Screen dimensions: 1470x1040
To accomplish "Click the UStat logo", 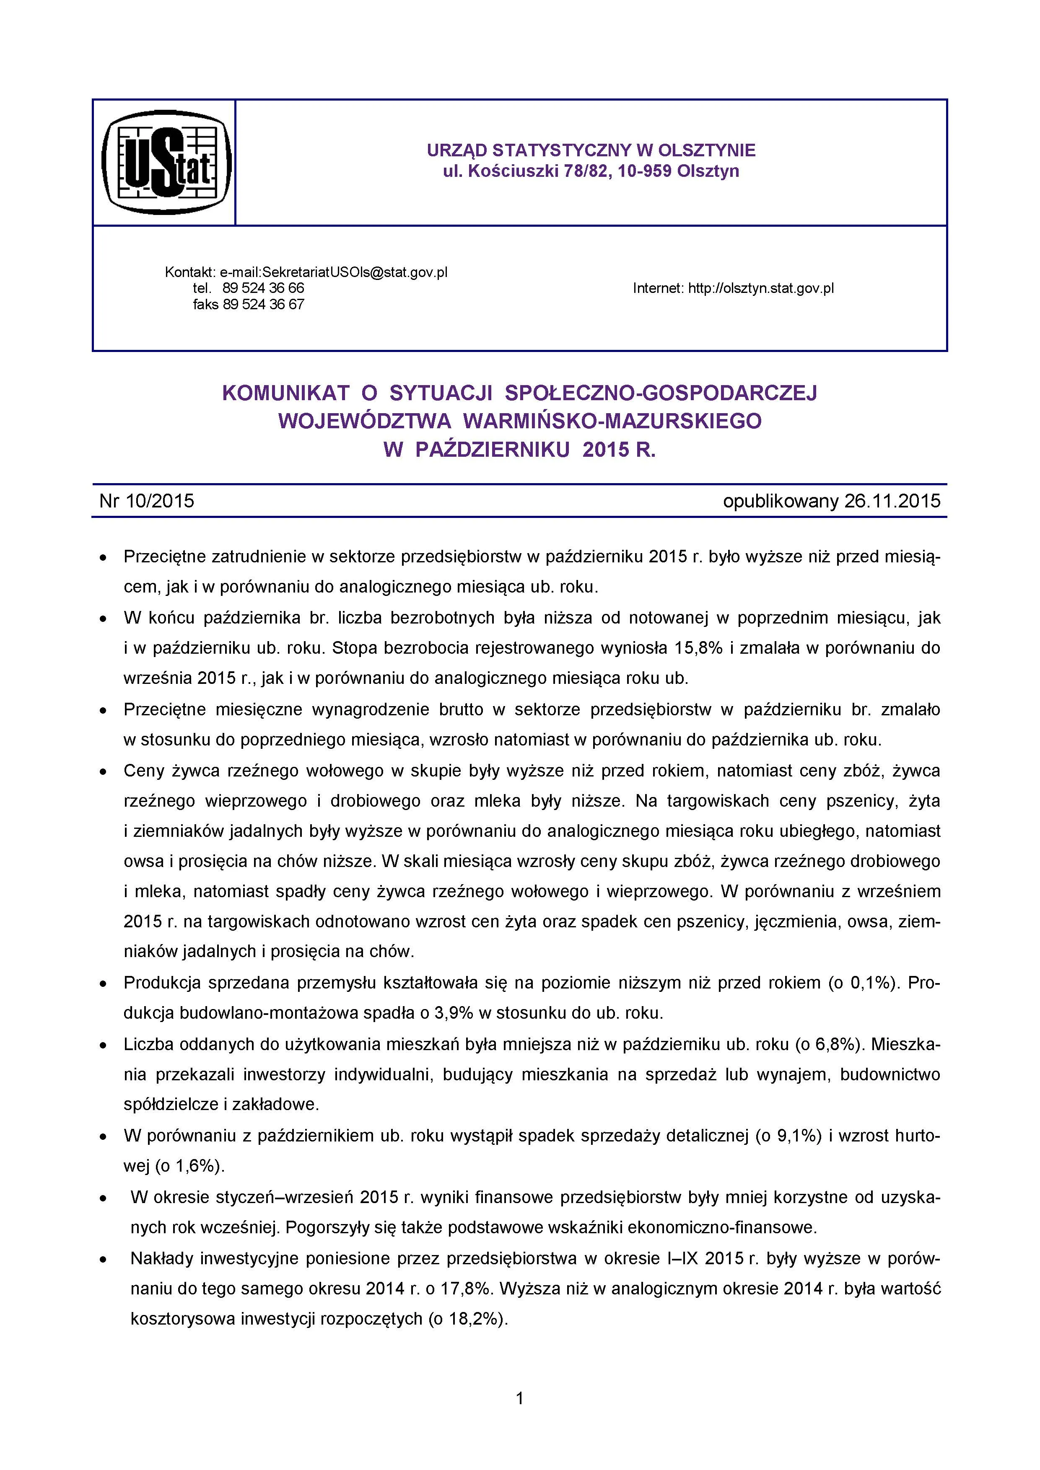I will tap(166, 162).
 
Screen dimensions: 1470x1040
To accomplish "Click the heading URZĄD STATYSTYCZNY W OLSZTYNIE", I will tap(591, 150).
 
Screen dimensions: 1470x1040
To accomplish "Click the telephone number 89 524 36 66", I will tap(263, 288).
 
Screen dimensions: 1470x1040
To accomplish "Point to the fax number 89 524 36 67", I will tap(263, 305).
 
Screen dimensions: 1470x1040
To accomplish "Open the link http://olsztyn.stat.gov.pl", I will tap(761, 288).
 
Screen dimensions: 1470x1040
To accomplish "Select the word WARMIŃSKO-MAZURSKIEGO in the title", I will tap(612, 421).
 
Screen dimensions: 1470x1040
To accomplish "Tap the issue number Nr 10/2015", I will tap(147, 501).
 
